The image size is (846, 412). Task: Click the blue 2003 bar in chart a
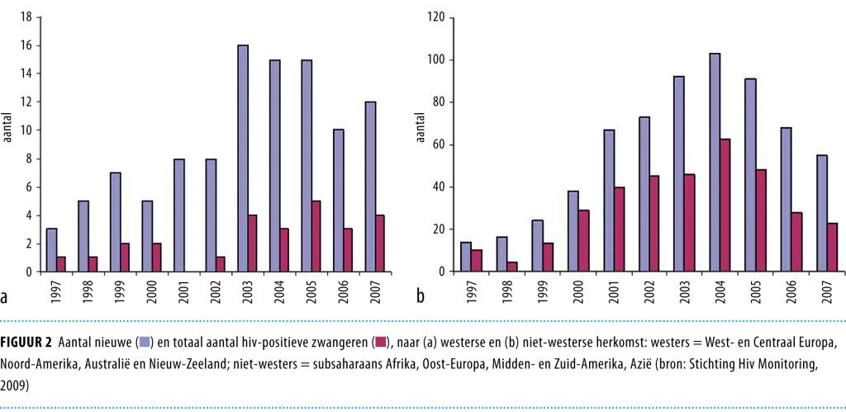[243, 159]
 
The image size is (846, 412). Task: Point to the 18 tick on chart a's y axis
[26, 17]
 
